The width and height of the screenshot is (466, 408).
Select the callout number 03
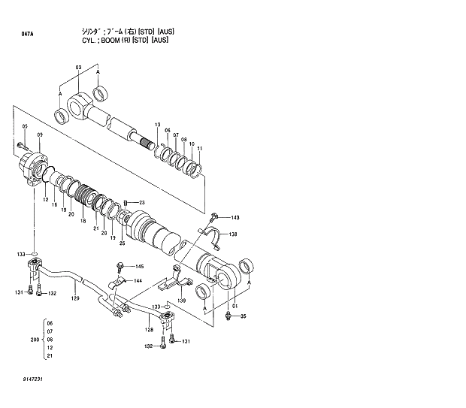(77, 68)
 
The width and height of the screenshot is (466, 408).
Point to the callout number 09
(39, 134)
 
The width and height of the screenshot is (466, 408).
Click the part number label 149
(235, 218)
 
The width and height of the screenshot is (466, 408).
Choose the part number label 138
(234, 234)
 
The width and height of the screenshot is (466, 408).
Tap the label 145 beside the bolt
(139, 267)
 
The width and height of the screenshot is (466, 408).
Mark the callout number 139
(181, 301)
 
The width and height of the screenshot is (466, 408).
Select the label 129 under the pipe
(74, 299)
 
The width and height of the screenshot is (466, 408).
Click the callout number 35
(243, 316)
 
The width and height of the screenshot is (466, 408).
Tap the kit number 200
(32, 340)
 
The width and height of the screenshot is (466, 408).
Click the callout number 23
(141, 203)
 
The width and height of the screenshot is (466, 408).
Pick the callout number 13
(158, 124)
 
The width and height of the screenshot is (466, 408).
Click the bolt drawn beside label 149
(214, 217)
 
